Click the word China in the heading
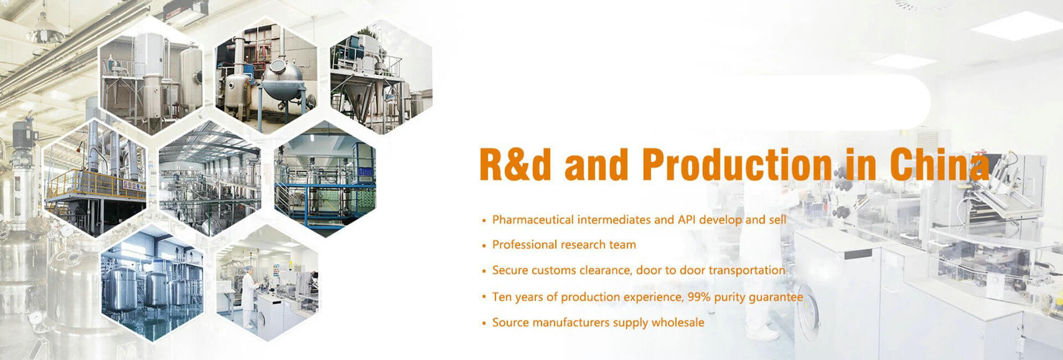[x=940, y=164]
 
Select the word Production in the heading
[x=737, y=164]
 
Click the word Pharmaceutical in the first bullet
[x=533, y=220]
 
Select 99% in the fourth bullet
[x=699, y=297]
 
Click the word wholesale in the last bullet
[x=678, y=322]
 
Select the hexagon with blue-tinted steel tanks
[x=152, y=282]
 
